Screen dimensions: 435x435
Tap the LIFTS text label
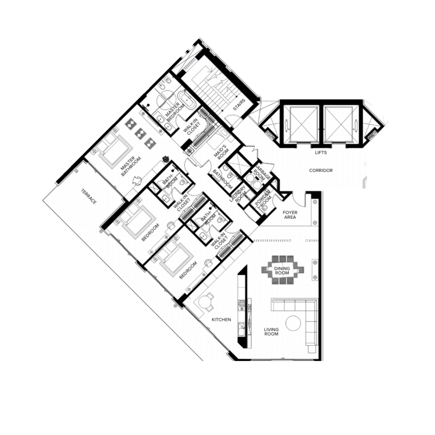click(x=321, y=153)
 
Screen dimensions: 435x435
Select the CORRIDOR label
click(x=321, y=170)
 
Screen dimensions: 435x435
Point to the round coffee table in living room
click(x=294, y=323)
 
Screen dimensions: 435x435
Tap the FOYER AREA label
click(x=290, y=214)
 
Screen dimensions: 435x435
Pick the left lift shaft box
click(x=302, y=123)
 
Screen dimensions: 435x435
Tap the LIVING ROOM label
click(x=271, y=332)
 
